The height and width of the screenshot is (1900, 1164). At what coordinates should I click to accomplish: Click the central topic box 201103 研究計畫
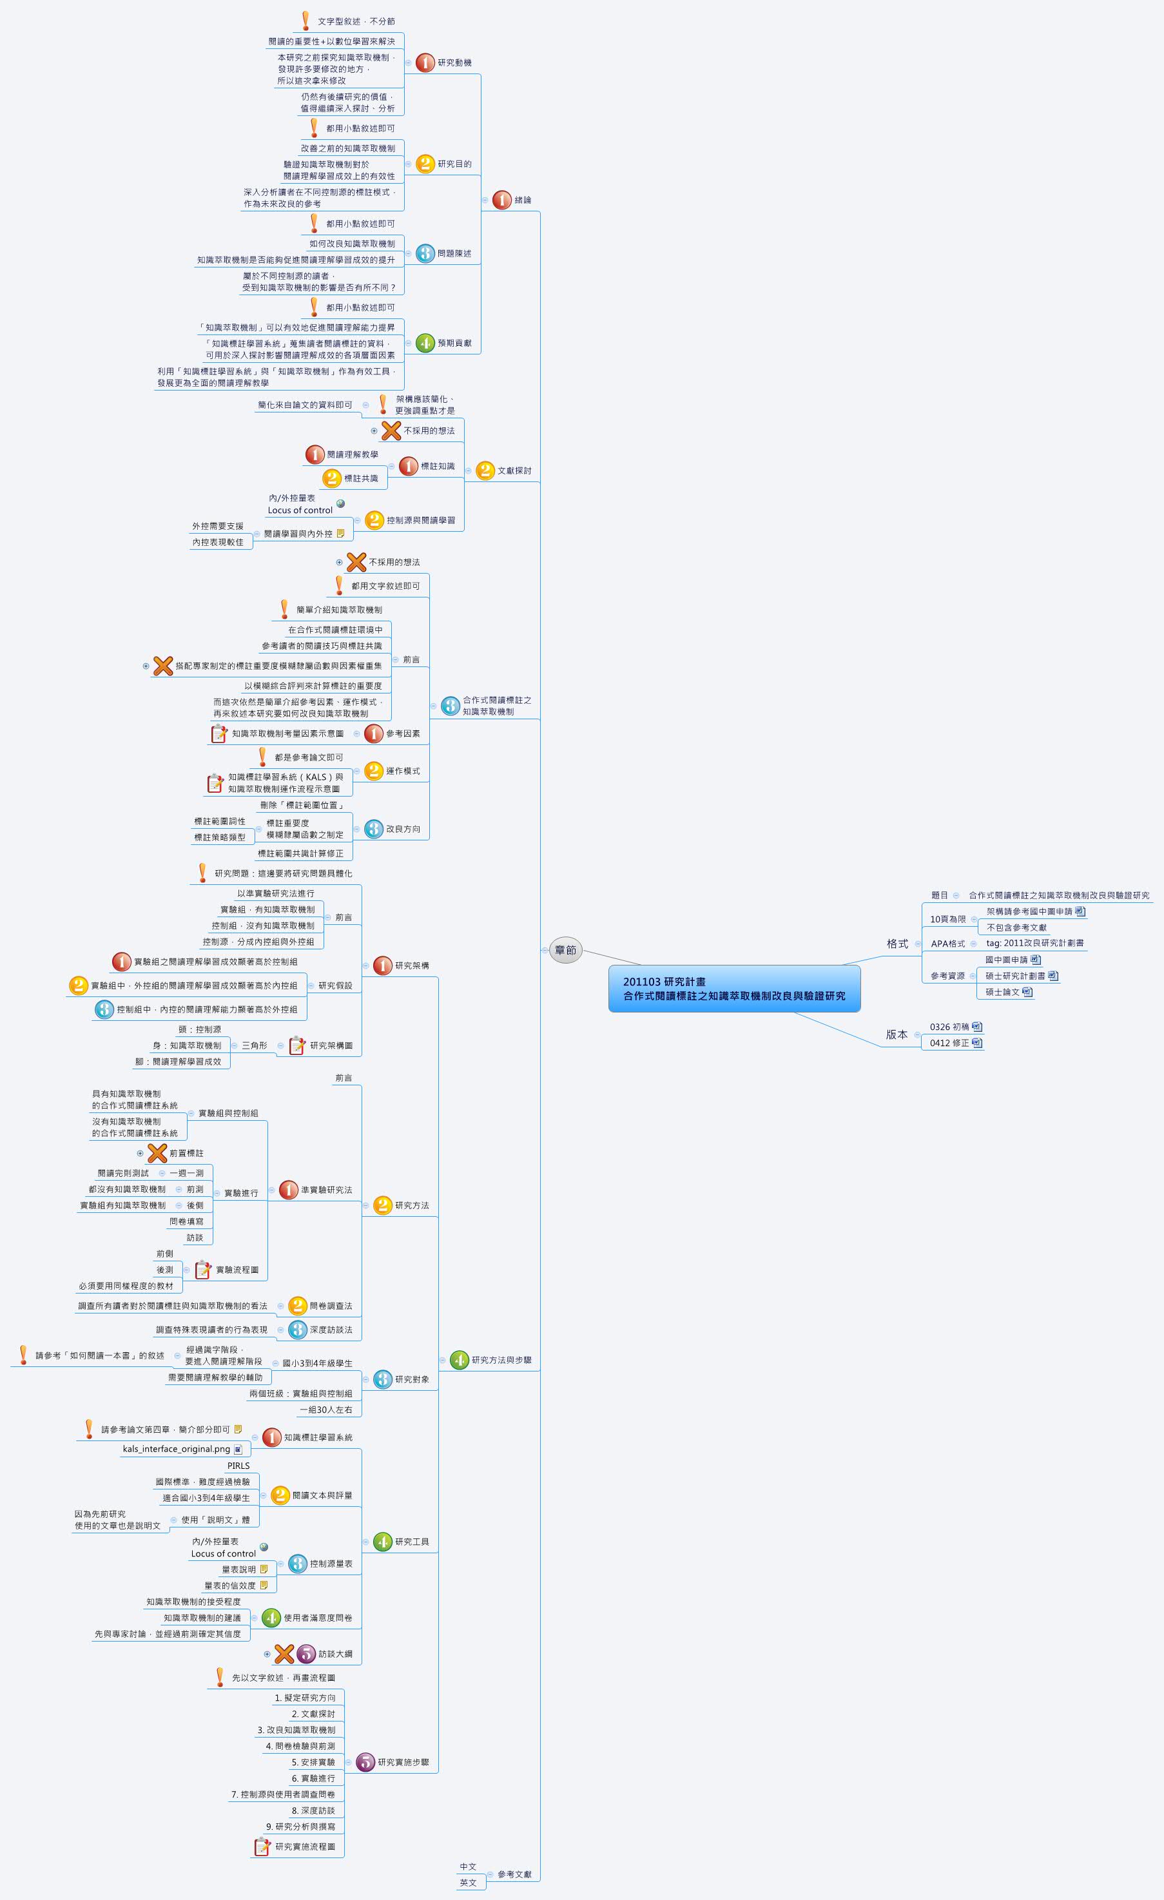click(x=733, y=989)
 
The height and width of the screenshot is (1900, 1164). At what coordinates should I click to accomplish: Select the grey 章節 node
click(x=565, y=950)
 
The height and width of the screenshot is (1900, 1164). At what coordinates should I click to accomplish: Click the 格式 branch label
click(x=897, y=944)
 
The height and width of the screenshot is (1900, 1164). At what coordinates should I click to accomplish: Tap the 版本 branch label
click(x=897, y=1035)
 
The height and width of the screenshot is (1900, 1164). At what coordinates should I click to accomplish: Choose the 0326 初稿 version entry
click(x=949, y=1027)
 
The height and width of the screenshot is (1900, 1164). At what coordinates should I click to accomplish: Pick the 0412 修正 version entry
click(x=949, y=1043)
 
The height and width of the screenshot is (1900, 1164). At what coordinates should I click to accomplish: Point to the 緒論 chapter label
click(x=522, y=200)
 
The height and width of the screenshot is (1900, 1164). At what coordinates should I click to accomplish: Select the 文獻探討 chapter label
click(x=514, y=470)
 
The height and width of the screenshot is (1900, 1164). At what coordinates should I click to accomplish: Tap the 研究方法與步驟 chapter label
click(x=501, y=1360)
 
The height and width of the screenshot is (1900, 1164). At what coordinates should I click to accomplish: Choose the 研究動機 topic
click(x=454, y=63)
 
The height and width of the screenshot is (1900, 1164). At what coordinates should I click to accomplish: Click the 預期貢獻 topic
click(x=454, y=343)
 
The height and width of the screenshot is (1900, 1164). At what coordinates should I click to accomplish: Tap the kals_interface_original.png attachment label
click(x=176, y=1449)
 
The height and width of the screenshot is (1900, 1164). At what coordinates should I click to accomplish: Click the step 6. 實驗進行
click(x=313, y=1778)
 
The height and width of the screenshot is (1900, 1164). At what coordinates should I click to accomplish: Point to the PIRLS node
click(x=238, y=1466)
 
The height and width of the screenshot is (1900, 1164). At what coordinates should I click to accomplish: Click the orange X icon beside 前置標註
click(x=157, y=1153)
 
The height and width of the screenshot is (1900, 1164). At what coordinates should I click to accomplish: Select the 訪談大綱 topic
click(x=336, y=1653)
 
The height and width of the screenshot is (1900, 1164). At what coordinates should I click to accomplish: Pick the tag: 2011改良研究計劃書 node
click(x=1034, y=943)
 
